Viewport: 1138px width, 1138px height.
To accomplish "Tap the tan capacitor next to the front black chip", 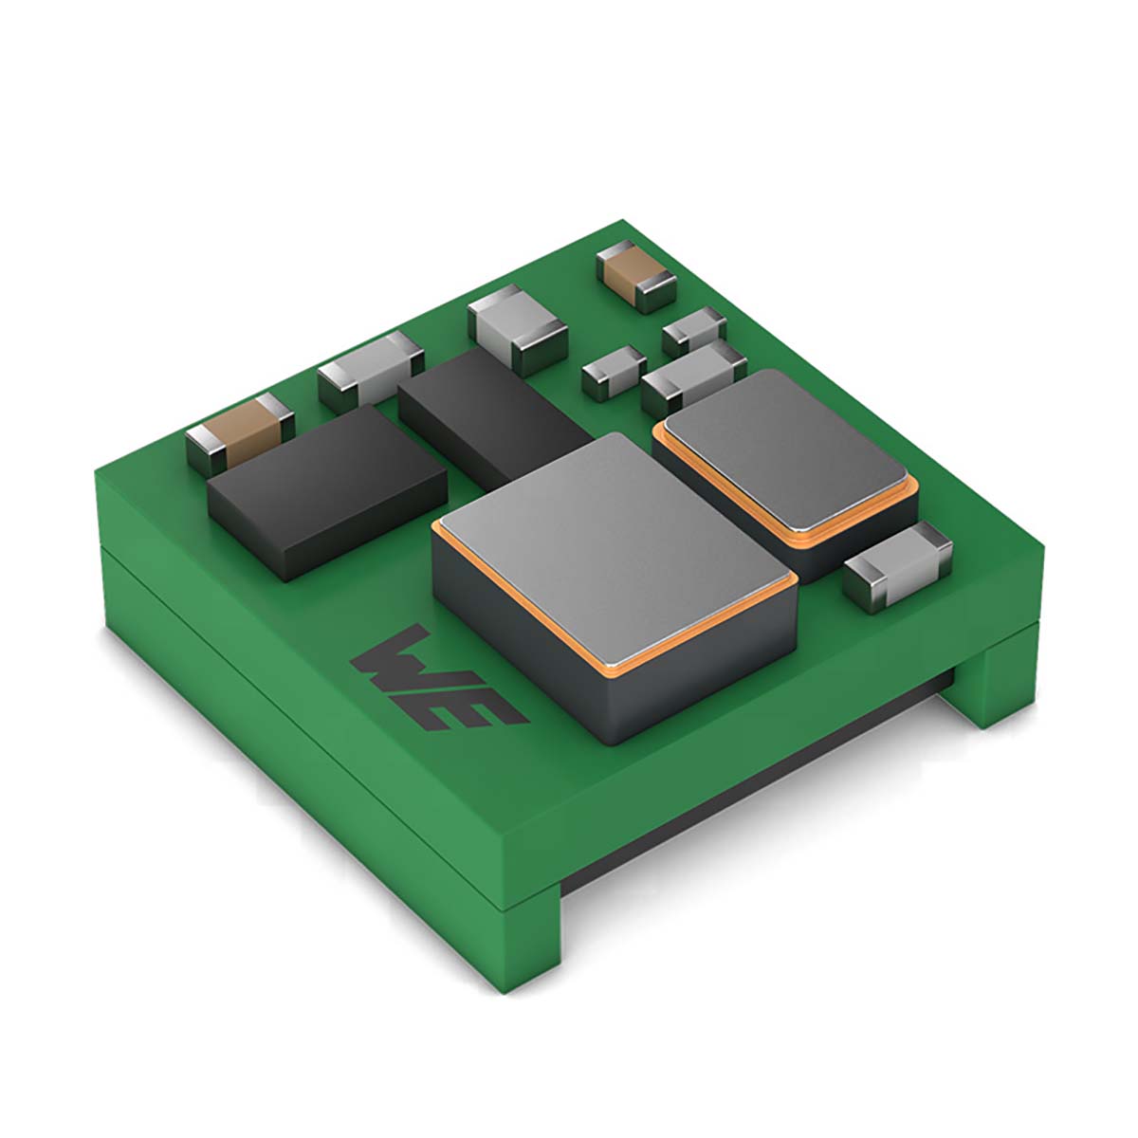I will [242, 431].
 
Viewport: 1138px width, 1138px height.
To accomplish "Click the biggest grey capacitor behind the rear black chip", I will [517, 327].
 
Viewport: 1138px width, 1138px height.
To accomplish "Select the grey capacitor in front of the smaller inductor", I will [896, 567].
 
